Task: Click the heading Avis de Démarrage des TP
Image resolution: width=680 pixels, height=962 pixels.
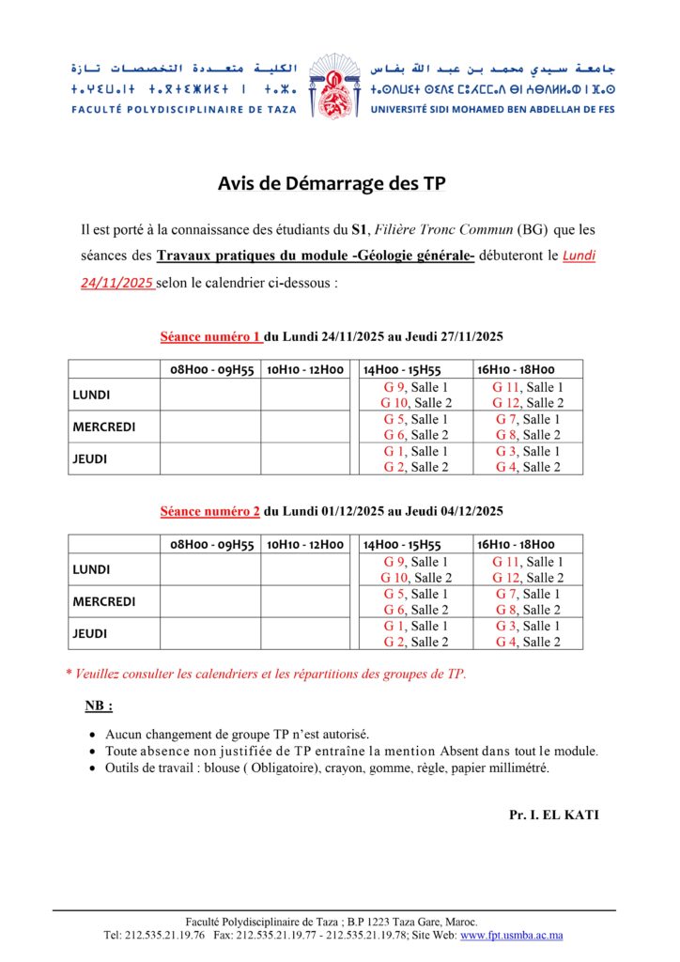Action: pyautogui.click(x=332, y=183)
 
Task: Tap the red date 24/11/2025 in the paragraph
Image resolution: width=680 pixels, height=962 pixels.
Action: pyautogui.click(x=117, y=281)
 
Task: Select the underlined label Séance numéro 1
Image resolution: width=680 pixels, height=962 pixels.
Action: pyautogui.click(x=210, y=336)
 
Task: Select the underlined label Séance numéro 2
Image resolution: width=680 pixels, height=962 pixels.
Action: pyautogui.click(x=210, y=511)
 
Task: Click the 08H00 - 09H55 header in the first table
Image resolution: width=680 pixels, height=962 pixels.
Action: pyautogui.click(x=210, y=369)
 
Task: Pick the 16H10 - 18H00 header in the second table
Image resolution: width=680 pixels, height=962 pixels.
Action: pyautogui.click(x=516, y=544)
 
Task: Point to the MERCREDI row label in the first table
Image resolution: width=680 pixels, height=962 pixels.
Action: pyautogui.click(x=103, y=427)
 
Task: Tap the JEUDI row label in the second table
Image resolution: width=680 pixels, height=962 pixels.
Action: pyautogui.click(x=91, y=634)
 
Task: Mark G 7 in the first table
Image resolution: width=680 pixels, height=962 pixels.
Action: pyautogui.click(x=506, y=419)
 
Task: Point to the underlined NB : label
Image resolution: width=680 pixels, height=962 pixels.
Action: pyautogui.click(x=99, y=706)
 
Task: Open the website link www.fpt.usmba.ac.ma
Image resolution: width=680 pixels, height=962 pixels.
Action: pyautogui.click(x=511, y=936)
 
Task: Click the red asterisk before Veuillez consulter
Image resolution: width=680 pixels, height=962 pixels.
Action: pyautogui.click(x=69, y=674)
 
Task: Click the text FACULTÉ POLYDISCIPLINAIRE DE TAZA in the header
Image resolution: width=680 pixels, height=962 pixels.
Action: pyautogui.click(x=183, y=109)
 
